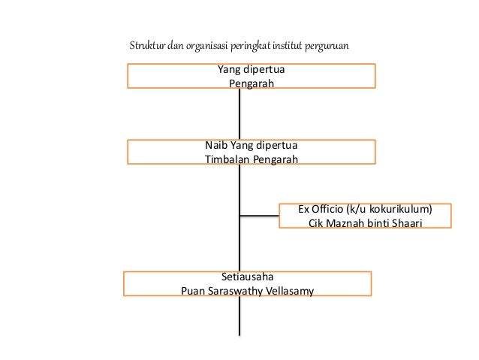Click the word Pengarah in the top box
[x=252, y=83]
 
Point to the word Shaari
[x=407, y=222]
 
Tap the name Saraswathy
[x=236, y=289]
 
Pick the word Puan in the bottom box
[x=193, y=289]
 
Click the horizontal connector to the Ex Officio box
[x=259, y=216]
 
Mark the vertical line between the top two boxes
[x=239, y=114]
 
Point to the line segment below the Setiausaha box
[x=239, y=316]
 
